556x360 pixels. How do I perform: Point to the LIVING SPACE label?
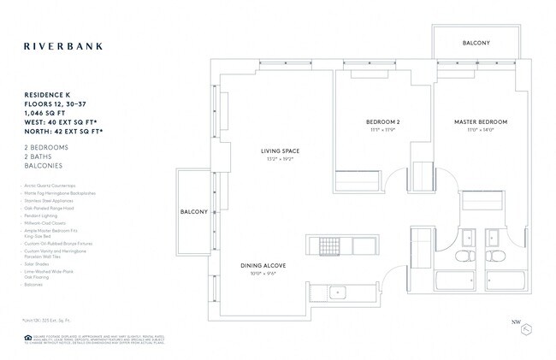click(280, 151)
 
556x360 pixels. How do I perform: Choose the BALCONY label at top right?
click(476, 42)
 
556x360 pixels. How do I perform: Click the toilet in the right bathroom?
click(494, 257)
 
